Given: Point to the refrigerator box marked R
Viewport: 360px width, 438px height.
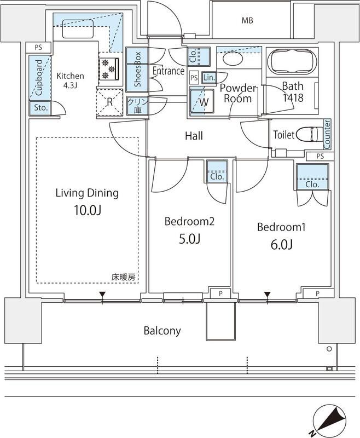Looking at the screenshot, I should click(x=109, y=102).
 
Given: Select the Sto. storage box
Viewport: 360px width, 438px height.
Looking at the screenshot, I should click(x=40, y=108).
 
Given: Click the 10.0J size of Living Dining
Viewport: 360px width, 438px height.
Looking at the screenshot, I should click(x=87, y=211).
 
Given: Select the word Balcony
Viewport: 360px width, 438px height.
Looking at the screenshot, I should click(x=162, y=331).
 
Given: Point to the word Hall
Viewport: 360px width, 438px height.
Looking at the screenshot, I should click(x=194, y=135).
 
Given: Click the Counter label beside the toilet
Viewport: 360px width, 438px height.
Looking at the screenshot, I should click(x=327, y=134).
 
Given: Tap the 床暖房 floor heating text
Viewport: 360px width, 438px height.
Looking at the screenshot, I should click(x=124, y=277).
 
